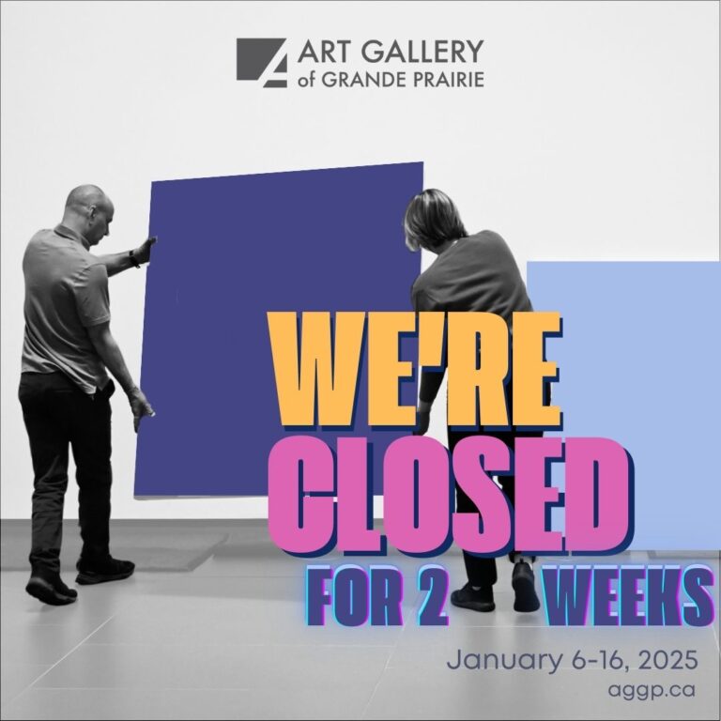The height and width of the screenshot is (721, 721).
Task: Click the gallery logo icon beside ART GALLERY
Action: coord(262,63)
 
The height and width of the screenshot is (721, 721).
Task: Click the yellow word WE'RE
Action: coord(416,370)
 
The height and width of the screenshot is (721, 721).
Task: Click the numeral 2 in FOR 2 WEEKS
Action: coord(433,595)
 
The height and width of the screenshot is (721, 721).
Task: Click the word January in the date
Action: coord(504,661)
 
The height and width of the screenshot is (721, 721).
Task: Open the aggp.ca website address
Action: coord(651,691)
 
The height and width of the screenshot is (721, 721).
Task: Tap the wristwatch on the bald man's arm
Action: coord(134,258)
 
